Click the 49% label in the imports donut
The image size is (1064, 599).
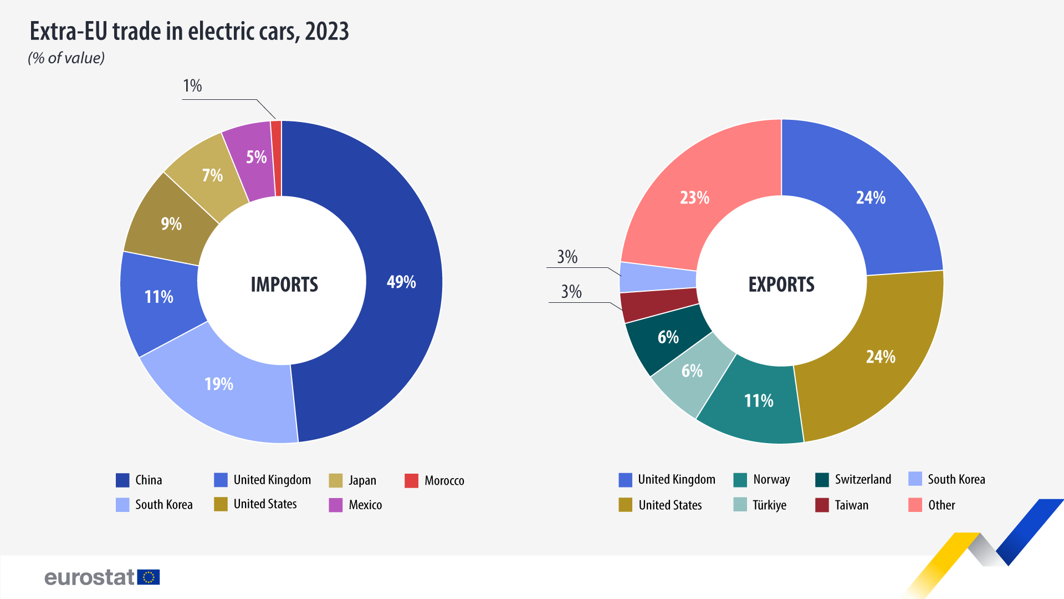pos(401,282)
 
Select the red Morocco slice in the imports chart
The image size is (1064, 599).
pos(276,159)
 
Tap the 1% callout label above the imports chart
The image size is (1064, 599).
pos(192,86)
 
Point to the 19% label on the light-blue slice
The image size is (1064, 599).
pos(219,384)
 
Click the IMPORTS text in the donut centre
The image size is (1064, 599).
pos(284,285)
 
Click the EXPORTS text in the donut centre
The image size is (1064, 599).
pos(781,285)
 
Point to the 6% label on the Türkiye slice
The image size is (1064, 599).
pos(692,370)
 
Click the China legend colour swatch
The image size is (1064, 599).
pos(122,480)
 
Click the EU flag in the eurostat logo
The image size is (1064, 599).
pos(149,577)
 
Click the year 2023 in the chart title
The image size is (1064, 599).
pos(327,32)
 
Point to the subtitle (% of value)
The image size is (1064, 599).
pos(66,58)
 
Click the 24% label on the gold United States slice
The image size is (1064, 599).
pos(881,357)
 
